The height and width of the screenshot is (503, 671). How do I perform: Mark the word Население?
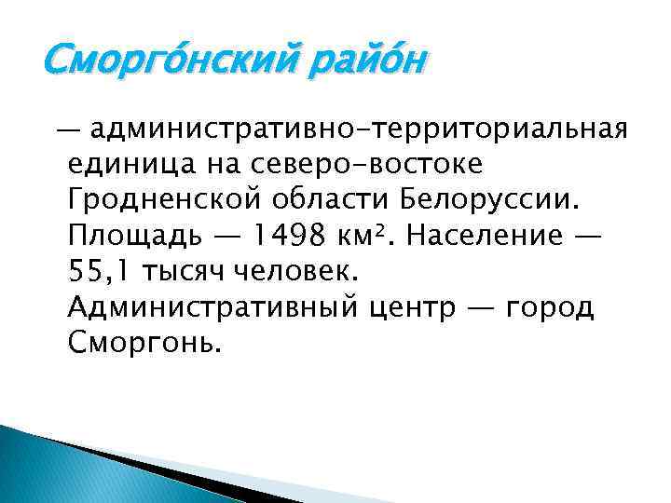486,236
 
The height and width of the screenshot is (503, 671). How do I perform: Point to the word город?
549,308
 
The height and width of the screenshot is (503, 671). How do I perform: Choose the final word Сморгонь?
145,344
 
